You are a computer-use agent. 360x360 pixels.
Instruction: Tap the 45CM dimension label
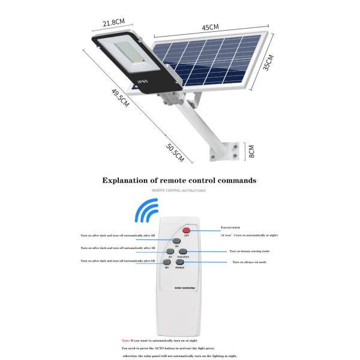click(209, 27)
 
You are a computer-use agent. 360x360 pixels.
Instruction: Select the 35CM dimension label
click(269, 63)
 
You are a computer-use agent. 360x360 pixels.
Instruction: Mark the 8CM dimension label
click(251, 150)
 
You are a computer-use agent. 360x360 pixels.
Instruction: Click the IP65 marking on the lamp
click(143, 80)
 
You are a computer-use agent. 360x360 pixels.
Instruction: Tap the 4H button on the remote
click(170, 252)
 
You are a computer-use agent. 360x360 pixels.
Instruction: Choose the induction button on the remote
click(182, 252)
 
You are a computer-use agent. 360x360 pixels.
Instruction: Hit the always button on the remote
click(179, 263)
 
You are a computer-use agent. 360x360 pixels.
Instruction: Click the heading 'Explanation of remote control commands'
click(179, 180)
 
